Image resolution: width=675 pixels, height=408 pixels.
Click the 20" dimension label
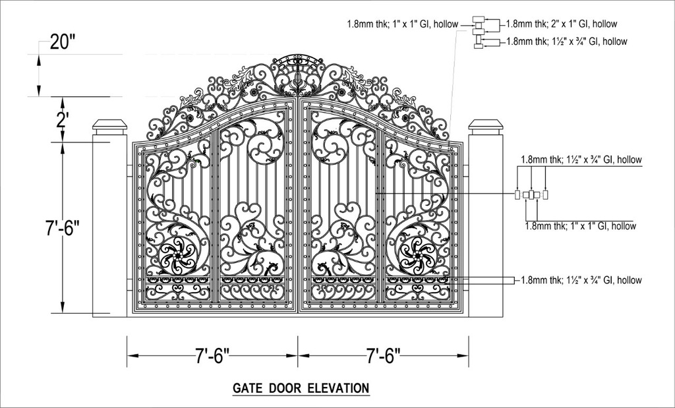63,42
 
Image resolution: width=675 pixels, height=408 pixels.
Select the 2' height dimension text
63,120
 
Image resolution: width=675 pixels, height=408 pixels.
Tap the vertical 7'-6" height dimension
63,228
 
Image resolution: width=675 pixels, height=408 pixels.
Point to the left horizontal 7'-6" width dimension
212,356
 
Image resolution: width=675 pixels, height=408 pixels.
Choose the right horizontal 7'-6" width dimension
383,356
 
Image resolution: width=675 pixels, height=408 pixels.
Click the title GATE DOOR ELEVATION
301,388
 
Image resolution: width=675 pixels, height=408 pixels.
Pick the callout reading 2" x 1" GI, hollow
562,24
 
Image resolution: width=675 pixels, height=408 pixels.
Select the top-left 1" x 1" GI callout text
403,24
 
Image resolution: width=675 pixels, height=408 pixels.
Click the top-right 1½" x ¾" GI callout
566,42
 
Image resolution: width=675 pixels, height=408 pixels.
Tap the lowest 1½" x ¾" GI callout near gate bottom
581,280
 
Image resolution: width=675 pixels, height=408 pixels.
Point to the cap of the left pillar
110,127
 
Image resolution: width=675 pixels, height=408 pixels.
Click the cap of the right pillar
486,127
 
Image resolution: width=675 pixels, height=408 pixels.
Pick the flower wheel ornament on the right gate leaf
417,256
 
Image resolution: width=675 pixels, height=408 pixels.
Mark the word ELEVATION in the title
339,388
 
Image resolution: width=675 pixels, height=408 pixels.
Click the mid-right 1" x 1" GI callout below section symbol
581,226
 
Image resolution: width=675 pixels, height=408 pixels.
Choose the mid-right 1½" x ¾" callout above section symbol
581,160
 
